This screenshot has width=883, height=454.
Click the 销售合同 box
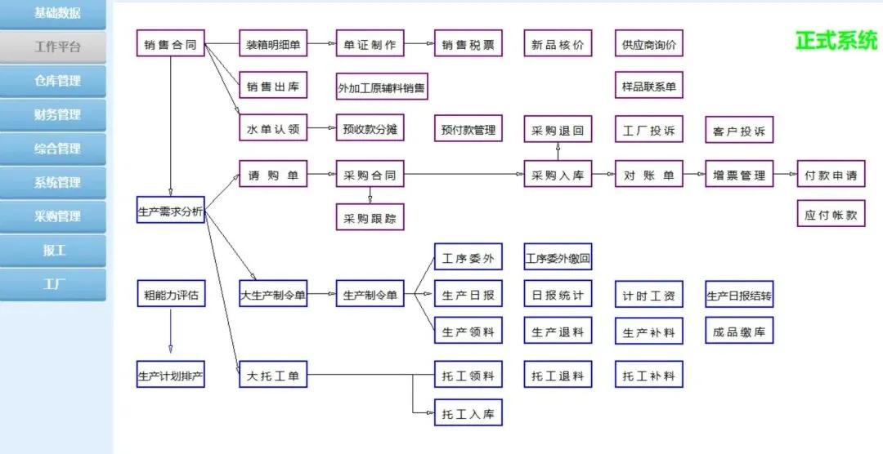pos(170,44)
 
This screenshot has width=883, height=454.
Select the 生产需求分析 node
pos(170,210)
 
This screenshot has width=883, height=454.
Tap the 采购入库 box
pos(558,174)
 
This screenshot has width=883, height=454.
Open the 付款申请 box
pos(831,174)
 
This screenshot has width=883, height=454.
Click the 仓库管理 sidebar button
pos(53,81)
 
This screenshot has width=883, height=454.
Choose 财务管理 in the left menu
pos(53,114)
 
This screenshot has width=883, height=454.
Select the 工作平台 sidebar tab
pos(53,47)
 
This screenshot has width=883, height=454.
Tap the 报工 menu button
pos(53,251)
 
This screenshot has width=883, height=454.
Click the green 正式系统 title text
pos(836,41)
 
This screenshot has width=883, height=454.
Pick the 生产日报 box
pos(468,295)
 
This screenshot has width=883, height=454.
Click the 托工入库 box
pos(468,413)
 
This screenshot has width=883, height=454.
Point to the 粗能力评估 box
pos(170,294)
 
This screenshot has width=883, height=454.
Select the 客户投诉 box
pos(739,131)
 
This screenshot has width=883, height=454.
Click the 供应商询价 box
pos(648,44)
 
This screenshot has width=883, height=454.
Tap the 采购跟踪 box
pos(370,217)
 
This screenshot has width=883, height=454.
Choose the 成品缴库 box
pos(739,331)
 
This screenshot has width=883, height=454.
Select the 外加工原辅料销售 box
pos(381,87)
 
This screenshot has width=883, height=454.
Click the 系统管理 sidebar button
pos(53,182)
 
